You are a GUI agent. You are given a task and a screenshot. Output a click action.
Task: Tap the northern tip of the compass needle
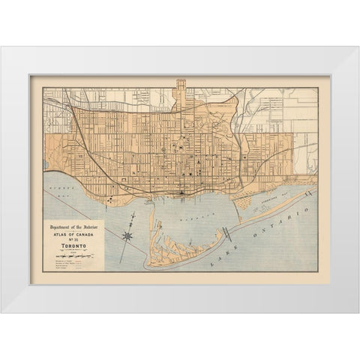tap(136, 217)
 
